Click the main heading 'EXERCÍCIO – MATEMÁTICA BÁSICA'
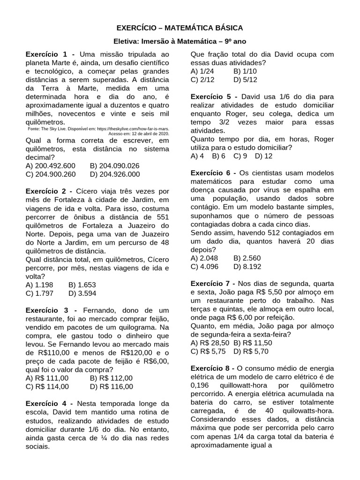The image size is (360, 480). (x=180, y=28)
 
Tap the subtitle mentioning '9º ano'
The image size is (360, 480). (x=180, y=42)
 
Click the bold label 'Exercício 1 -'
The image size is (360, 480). (x=53, y=54)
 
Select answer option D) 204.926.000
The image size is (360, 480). (x=114, y=174)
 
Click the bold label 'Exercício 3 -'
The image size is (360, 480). (x=53, y=310)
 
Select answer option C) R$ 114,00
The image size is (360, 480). (x=47, y=386)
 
